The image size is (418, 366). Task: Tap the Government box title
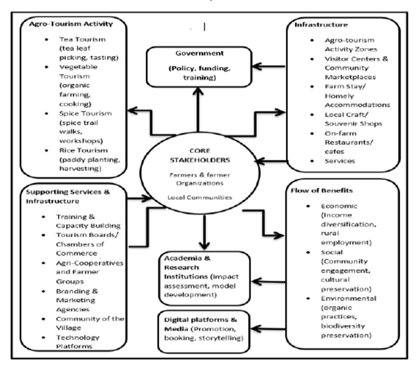coord(198,53)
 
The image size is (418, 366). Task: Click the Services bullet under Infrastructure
coord(340,161)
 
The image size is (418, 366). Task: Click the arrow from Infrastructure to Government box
coord(269,67)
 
